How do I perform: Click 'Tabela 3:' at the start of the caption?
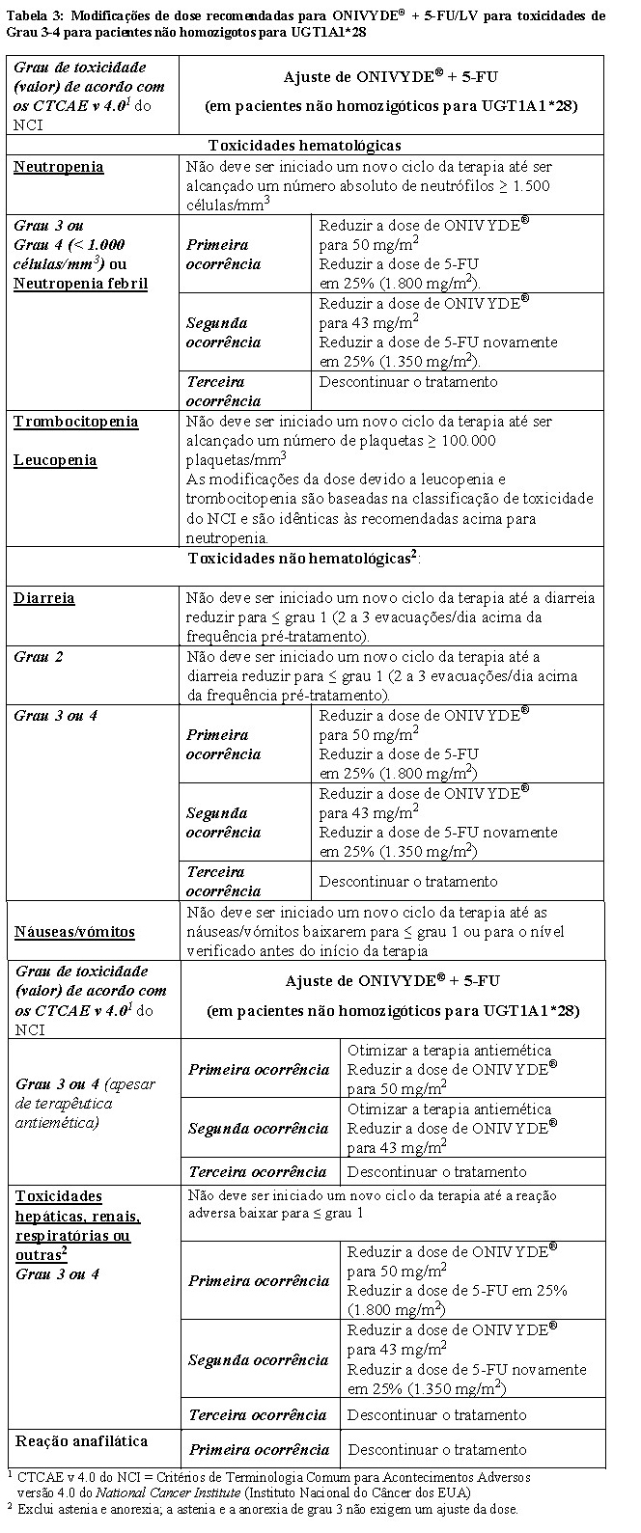pos(36,15)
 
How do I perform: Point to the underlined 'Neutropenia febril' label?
pos(80,284)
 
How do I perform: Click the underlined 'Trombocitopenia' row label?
pos(76,422)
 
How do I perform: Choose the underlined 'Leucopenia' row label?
pos(55,460)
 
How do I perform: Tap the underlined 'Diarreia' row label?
pos(44,598)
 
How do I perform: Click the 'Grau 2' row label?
pos(39,657)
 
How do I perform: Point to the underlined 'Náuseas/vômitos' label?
pos(74,932)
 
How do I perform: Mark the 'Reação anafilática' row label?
pos(81,1441)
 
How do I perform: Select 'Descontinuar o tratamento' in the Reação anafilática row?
pos(436,1450)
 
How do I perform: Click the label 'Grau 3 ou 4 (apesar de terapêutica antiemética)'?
pos(85,1104)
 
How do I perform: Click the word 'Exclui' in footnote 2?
pos(36,1509)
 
